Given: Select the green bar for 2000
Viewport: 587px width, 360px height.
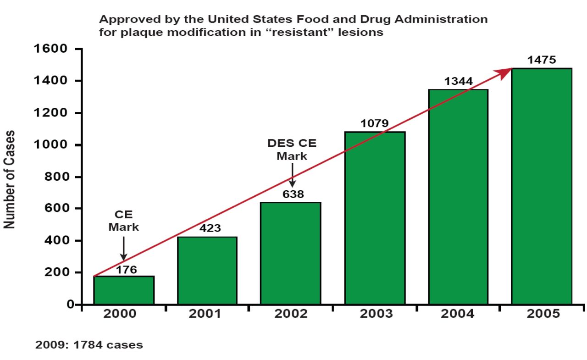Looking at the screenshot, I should tap(124, 290).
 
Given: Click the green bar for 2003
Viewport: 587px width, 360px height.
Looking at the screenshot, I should tap(375, 218).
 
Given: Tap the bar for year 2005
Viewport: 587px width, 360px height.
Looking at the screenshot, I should tap(542, 186).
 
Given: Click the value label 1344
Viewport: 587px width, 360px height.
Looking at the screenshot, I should tap(458, 82).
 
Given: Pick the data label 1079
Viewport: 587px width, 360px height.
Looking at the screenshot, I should tap(374, 123).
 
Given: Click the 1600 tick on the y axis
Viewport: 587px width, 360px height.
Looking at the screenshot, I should tap(51, 49).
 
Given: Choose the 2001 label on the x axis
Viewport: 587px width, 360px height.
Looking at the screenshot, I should tap(207, 314).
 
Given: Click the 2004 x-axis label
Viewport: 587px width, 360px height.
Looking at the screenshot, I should tap(458, 314).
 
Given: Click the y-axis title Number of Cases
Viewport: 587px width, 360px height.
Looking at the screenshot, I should tap(10, 179).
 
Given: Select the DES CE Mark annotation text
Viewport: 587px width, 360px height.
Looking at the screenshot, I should tap(292, 150).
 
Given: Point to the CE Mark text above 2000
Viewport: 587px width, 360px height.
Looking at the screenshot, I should tap(123, 221).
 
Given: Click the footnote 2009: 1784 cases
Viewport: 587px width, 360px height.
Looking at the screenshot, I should tap(89, 345).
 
